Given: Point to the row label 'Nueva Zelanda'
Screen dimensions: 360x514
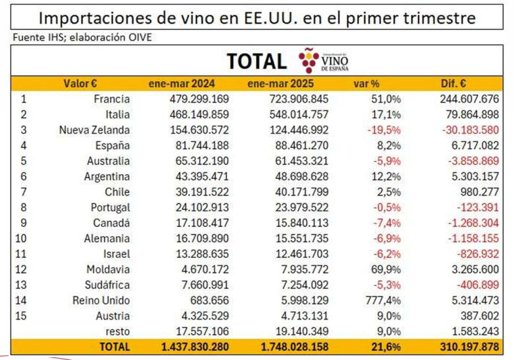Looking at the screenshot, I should [x=94, y=130].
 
